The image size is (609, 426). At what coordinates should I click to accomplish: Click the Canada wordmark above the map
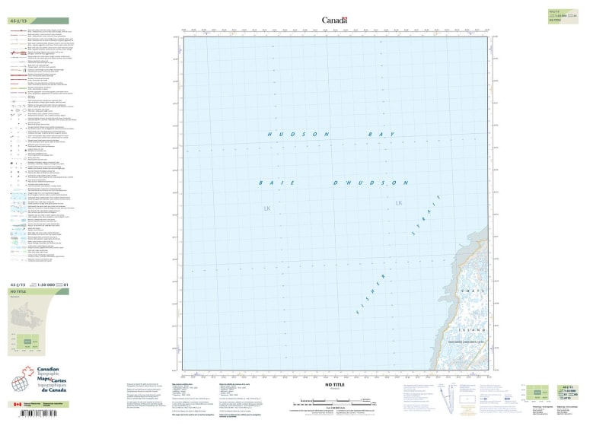coord(335,19)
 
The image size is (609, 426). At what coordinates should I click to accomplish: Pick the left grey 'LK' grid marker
coord(267,208)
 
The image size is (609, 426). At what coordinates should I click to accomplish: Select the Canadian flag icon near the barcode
coord(18,405)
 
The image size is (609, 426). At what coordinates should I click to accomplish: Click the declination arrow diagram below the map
coord(452,399)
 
